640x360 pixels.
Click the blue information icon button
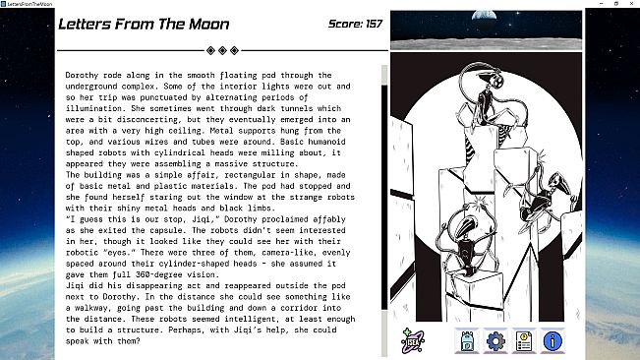(553, 340)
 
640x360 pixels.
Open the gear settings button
(496, 340)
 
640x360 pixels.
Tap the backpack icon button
(468, 340)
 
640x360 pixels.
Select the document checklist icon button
(524, 340)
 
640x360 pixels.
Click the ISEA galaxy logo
(412, 340)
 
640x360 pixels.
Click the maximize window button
(601, 5)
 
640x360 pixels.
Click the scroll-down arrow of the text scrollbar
(384, 352)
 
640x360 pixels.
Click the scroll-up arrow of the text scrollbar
(384, 69)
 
